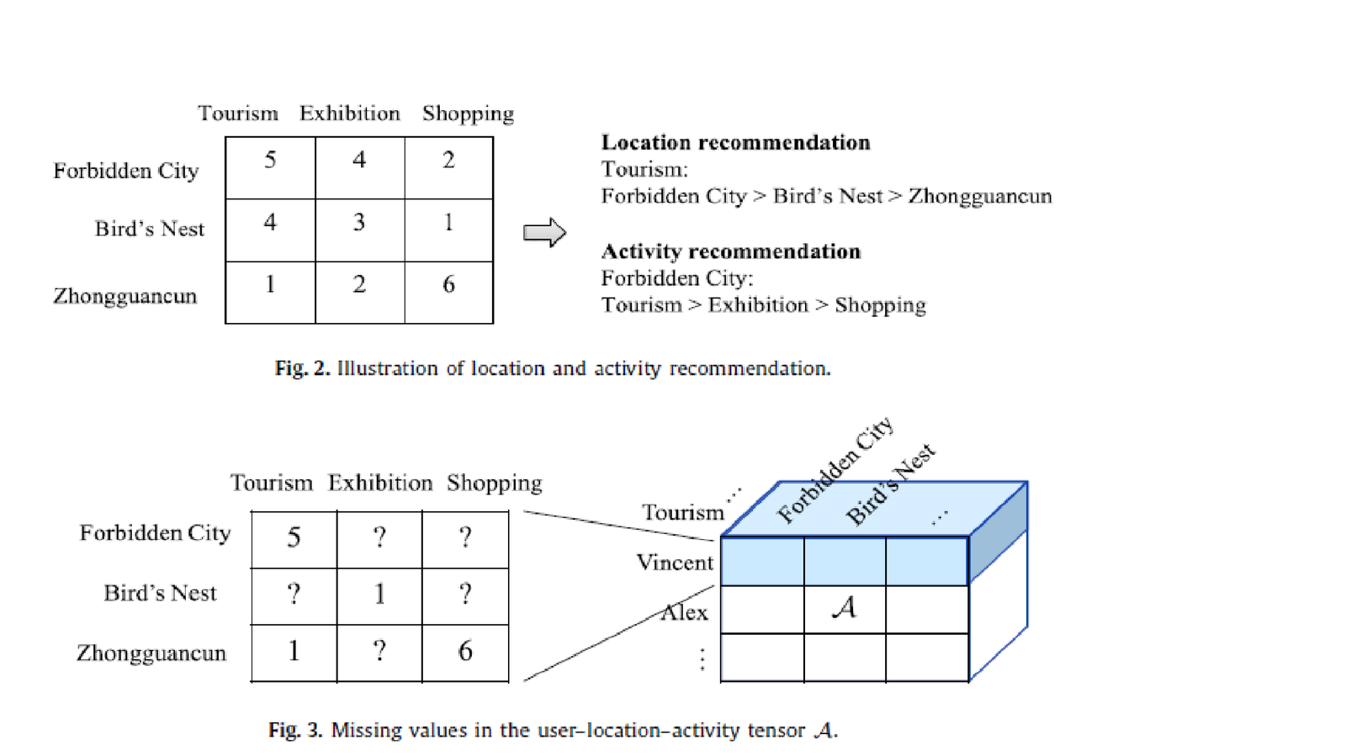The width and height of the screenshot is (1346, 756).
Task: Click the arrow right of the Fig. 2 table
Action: (544, 233)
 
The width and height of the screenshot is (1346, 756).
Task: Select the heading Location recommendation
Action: (735, 143)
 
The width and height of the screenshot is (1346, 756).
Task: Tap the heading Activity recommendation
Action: (730, 251)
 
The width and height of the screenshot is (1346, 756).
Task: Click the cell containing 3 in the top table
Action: (359, 223)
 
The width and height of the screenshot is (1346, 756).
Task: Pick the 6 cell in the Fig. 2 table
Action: (448, 285)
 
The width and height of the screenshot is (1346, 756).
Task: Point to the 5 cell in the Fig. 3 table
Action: (294, 537)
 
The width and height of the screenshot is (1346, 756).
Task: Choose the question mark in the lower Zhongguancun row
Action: (379, 651)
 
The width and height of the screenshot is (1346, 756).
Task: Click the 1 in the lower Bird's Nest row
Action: (379, 595)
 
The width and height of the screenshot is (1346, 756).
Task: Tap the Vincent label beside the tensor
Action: (675, 563)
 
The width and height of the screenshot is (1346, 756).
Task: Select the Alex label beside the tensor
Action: (684, 612)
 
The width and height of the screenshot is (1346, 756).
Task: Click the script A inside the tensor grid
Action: (844, 608)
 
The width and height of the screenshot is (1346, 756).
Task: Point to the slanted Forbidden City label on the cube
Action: (835, 471)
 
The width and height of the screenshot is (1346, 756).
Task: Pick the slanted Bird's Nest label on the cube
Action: (890, 485)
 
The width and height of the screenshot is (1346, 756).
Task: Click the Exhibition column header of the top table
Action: (349, 114)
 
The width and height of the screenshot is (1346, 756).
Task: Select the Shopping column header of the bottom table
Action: (494, 484)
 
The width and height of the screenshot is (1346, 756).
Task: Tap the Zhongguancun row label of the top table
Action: (125, 296)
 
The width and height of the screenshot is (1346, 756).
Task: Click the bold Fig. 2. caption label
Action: (302, 368)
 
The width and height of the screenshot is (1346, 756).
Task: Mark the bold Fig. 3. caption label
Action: (295, 730)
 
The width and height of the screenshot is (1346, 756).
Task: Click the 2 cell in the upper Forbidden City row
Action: (448, 161)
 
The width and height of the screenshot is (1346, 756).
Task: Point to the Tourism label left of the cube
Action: (682, 512)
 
